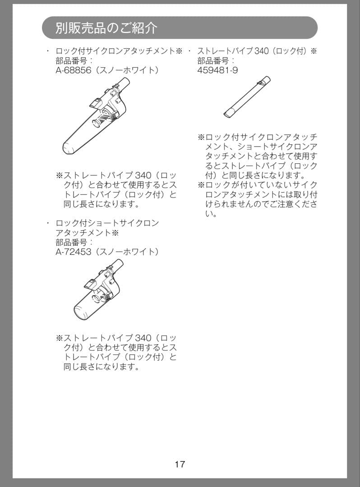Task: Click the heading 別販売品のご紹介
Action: click(107, 28)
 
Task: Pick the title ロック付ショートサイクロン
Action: click(107, 223)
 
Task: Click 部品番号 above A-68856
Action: click(72, 60)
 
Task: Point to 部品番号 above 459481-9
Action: click(214, 60)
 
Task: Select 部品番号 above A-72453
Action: click(72, 242)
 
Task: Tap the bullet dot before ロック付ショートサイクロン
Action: click(48, 223)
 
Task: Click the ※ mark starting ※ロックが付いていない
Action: click(201, 185)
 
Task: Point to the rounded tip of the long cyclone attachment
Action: click(68, 148)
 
